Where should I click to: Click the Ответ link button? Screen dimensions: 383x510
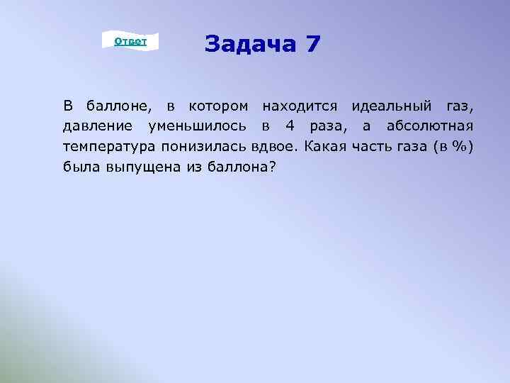pos(130,42)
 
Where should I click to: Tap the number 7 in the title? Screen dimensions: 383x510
pos(313,45)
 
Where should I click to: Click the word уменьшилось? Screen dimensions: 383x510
pos(198,126)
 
